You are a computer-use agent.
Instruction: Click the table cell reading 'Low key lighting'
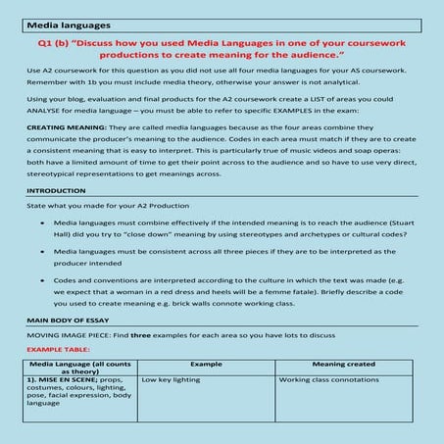pyautogui.click(x=172, y=378)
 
